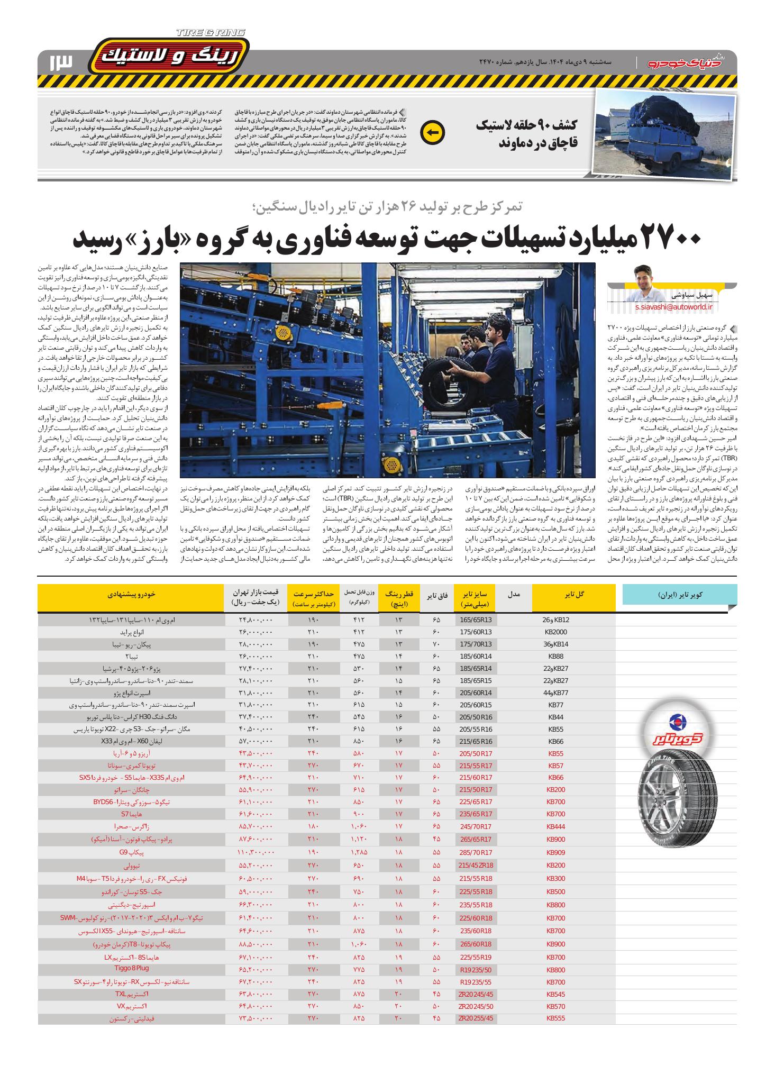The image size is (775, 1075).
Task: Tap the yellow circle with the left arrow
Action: coord(432,133)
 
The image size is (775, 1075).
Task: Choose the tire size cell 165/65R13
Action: coord(476,620)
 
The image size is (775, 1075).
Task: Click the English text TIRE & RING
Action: coord(210,33)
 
